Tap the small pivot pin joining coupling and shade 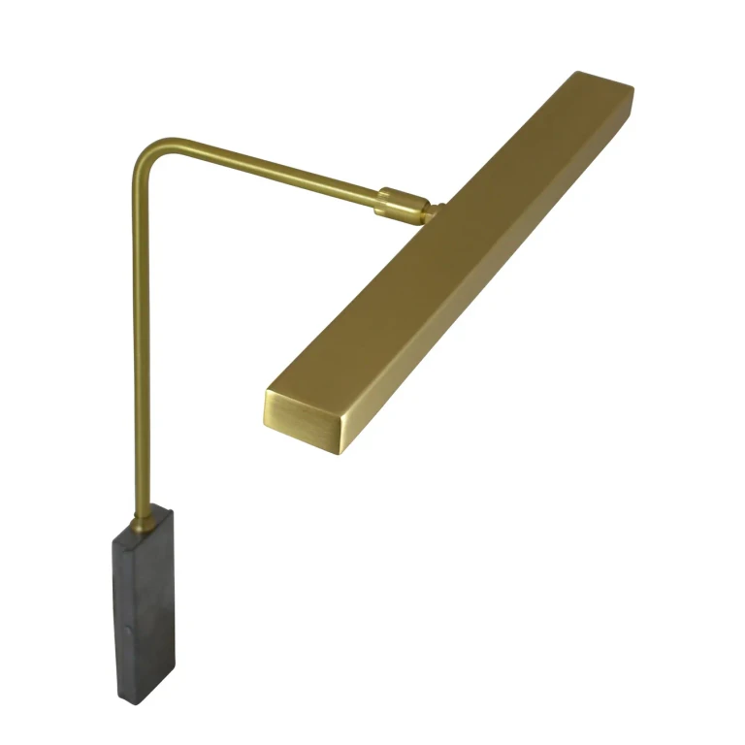tap(433, 209)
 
